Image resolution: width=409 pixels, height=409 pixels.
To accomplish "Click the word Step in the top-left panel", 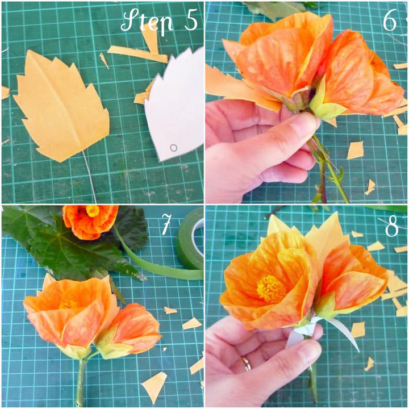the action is [147, 21].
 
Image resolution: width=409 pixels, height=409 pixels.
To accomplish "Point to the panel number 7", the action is [166, 224].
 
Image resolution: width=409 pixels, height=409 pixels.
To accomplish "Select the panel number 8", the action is [392, 226].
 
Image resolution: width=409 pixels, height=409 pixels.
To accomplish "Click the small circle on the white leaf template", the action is [173, 148].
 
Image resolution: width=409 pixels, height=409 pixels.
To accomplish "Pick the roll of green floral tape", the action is [190, 239].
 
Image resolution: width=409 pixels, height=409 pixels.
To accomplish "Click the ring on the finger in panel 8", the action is [246, 363].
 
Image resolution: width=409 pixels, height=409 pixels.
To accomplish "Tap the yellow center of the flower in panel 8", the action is [271, 289].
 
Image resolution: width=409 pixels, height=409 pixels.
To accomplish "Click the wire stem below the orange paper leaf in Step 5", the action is [90, 177].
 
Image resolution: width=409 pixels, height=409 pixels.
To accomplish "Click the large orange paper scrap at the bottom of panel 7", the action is [155, 383].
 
